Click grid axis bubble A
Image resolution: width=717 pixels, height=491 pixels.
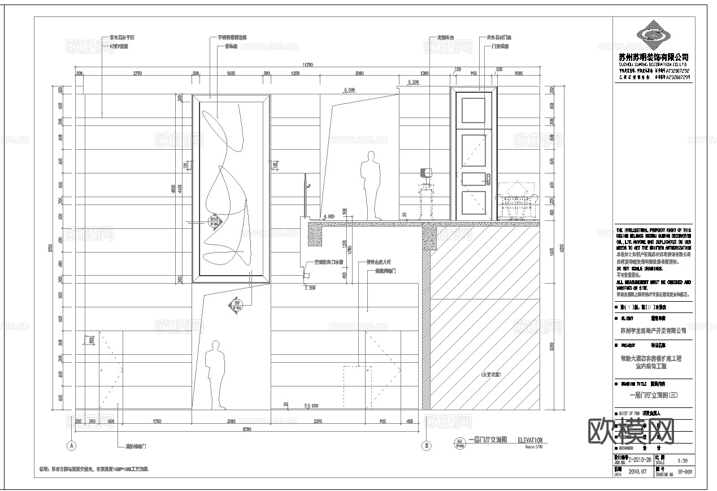point(71,445)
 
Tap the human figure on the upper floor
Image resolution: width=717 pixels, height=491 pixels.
point(371,186)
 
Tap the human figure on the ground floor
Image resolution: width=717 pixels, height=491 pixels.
point(214,374)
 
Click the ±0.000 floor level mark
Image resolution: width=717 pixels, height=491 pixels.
point(311,405)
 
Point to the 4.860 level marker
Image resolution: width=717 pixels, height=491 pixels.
point(328,216)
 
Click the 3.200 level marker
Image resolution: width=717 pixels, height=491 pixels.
point(309,288)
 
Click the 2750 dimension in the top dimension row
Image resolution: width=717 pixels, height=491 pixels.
point(137,74)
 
